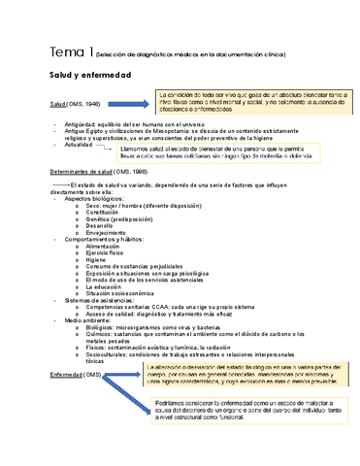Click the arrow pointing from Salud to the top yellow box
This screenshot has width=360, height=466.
[123, 99]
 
